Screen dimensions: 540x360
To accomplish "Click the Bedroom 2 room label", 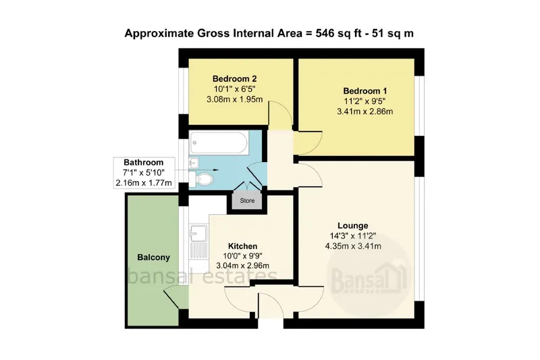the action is tap(234, 79).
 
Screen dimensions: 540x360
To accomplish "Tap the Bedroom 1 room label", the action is tap(365, 91).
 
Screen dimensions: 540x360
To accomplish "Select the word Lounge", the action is tap(352, 226).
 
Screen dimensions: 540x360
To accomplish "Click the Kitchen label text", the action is tap(242, 246).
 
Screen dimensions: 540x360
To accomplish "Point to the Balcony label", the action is tap(154, 257).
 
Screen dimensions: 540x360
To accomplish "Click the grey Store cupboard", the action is tap(247, 200).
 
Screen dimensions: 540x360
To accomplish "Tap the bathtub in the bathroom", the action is tap(218, 143).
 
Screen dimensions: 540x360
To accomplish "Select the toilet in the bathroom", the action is tap(201, 179).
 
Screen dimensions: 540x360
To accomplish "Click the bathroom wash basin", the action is tap(194, 162).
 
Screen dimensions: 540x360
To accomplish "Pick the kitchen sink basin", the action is tap(198, 233).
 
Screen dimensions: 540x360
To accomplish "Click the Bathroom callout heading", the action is tap(144, 162).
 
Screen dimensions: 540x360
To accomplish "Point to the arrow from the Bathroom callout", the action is tap(197, 170).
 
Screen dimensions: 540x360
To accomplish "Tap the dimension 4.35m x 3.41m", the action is tap(353, 246).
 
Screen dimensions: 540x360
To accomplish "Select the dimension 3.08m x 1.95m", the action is tap(234, 99).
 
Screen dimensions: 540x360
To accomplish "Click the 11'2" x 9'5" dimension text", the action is tap(364, 101).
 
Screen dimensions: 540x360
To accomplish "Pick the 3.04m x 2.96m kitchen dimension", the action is tap(243, 265).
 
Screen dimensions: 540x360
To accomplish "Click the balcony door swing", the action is tap(175, 297).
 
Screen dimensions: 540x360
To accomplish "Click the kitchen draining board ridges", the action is tap(198, 250).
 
